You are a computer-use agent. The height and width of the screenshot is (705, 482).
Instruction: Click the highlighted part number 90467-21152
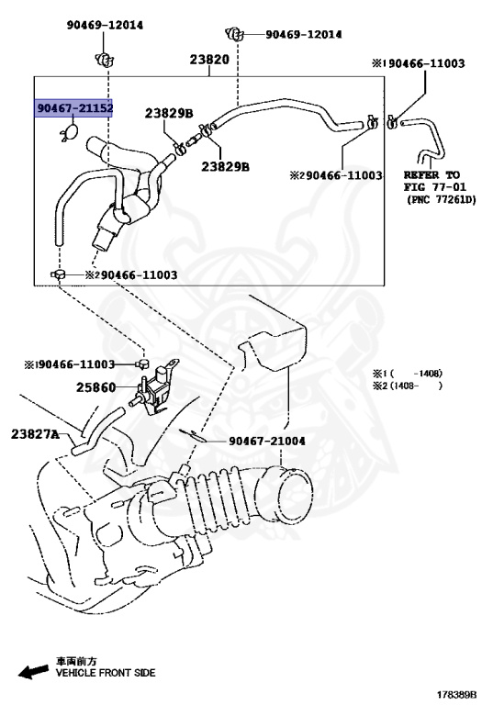pyautogui.click(x=74, y=108)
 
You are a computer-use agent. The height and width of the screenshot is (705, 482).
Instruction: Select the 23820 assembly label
pyautogui.click(x=208, y=59)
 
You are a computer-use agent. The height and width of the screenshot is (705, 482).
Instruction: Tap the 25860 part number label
pyautogui.click(x=95, y=387)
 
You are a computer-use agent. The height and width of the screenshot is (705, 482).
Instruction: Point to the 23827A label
pyautogui.click(x=35, y=433)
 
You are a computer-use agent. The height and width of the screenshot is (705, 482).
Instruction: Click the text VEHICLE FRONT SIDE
pyautogui.click(x=106, y=673)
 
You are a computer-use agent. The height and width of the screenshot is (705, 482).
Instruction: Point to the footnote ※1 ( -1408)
pyautogui.click(x=408, y=374)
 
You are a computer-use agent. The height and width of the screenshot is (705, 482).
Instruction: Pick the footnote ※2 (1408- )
pyautogui.click(x=408, y=386)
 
